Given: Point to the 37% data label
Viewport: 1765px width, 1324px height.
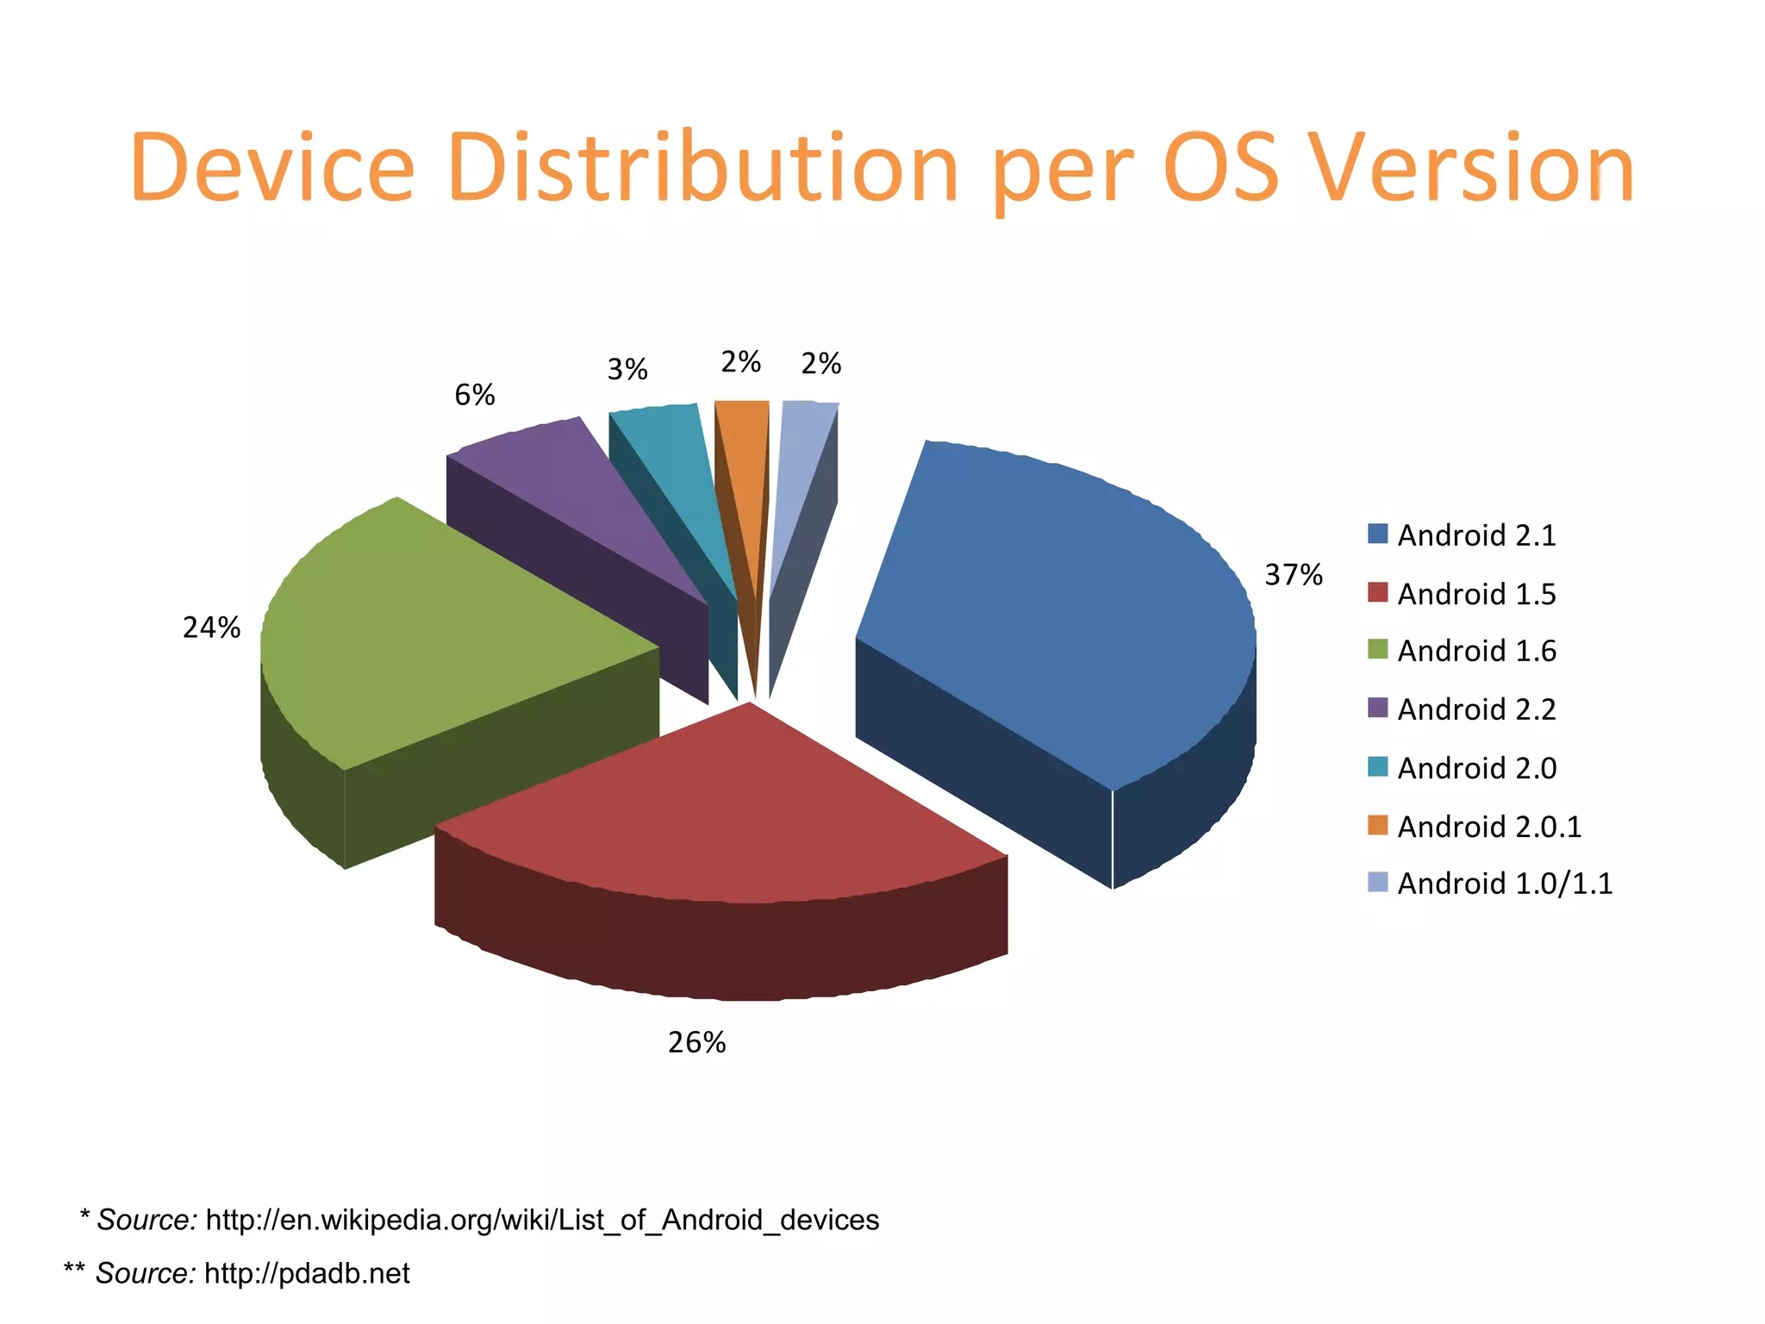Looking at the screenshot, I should [1293, 575].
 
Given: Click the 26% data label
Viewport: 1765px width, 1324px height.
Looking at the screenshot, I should [696, 1043].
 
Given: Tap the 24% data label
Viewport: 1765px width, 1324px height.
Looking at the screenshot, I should [211, 628].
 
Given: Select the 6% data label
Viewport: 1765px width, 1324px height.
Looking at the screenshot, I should [475, 396].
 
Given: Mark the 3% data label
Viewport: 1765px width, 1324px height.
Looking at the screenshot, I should [627, 370].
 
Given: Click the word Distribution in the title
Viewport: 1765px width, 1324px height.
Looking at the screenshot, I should [702, 168].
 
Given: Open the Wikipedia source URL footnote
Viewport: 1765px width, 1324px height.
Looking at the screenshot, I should [542, 1220].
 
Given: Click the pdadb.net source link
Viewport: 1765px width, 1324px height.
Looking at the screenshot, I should [307, 1273].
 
